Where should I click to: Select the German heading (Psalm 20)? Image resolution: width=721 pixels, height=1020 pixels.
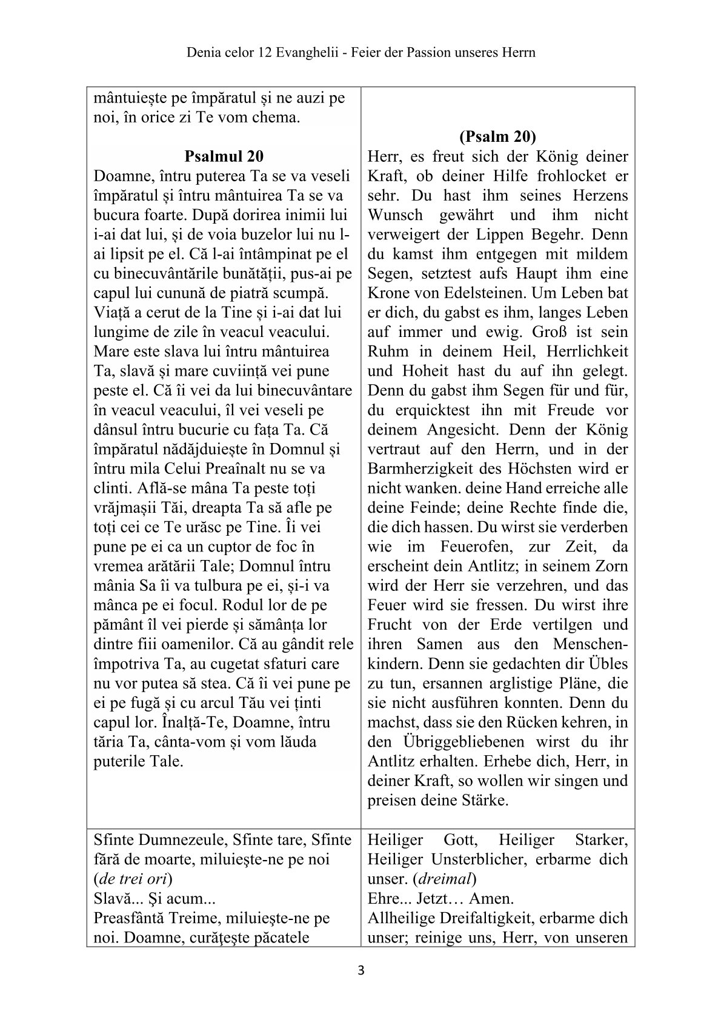tap(497, 136)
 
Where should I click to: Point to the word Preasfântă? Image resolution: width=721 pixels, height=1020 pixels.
tap(127, 918)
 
